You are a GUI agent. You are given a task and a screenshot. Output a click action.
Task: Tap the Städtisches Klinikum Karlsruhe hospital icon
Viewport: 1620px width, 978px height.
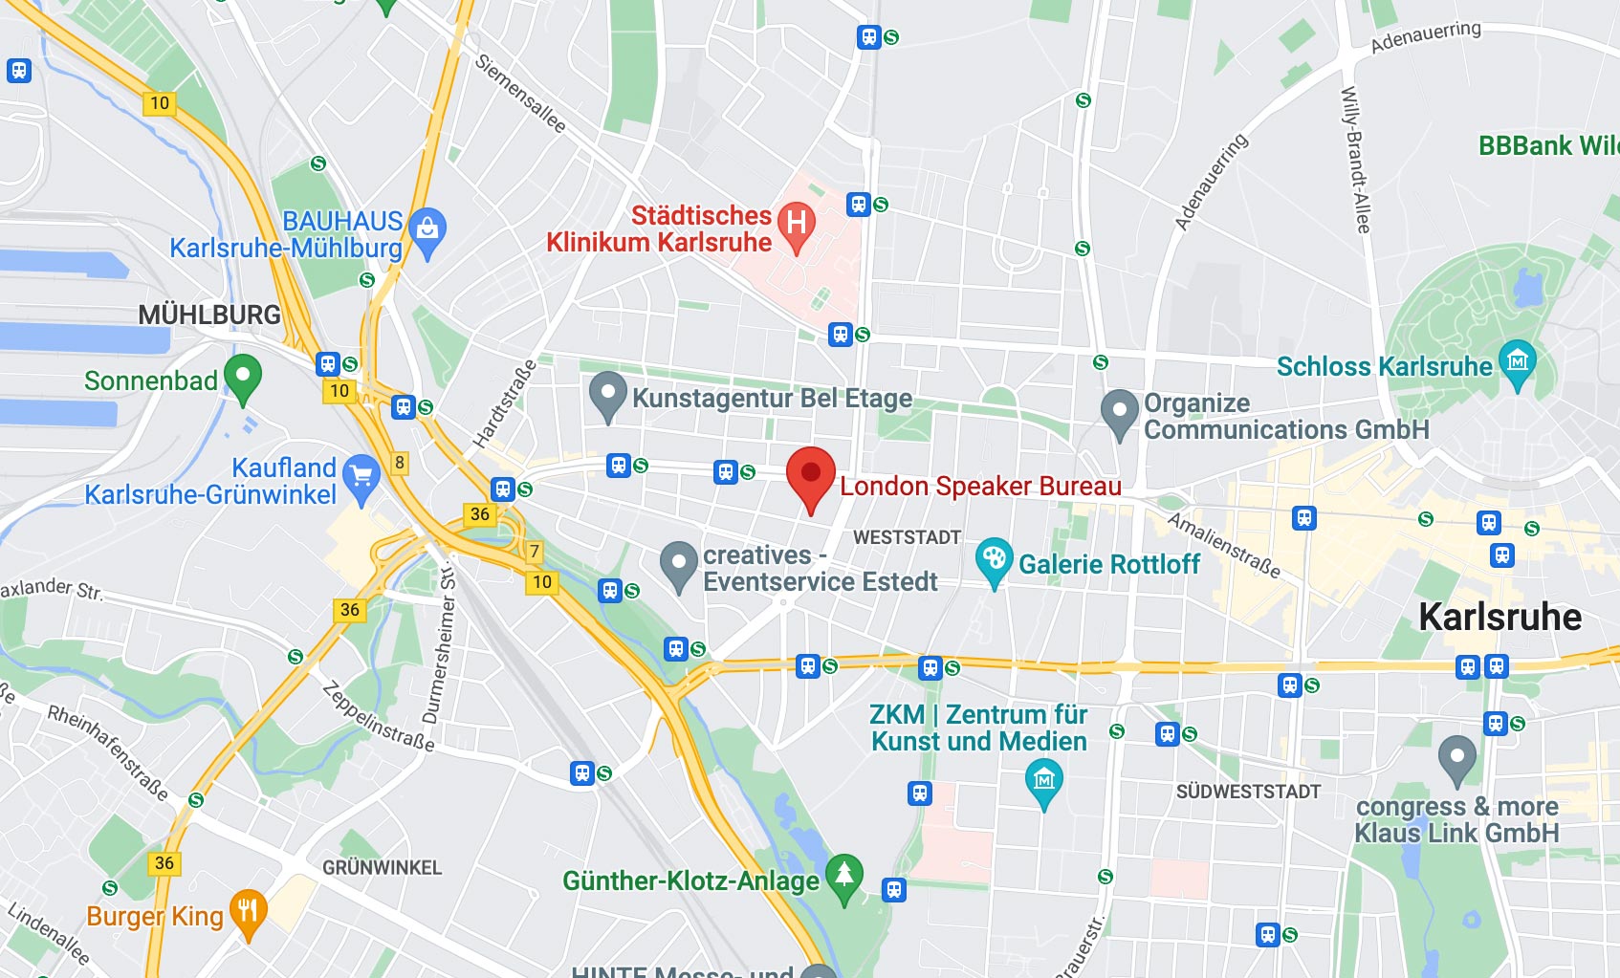(x=797, y=224)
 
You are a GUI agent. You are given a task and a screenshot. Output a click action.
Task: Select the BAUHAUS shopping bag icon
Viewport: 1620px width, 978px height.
(x=427, y=229)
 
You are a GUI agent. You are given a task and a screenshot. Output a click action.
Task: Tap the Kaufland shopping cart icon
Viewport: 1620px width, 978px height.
(x=361, y=476)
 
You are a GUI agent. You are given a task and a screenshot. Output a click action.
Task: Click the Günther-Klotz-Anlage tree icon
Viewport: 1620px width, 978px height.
(x=843, y=875)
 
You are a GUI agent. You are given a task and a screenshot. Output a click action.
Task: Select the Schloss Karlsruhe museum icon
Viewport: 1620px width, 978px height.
(x=1518, y=361)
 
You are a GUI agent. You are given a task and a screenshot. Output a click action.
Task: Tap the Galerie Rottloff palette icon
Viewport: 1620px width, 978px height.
(x=994, y=559)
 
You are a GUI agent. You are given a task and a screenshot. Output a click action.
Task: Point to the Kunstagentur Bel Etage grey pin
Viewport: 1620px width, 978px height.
(x=607, y=394)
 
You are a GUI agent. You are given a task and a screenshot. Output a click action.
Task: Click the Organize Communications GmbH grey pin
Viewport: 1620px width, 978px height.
(x=1119, y=411)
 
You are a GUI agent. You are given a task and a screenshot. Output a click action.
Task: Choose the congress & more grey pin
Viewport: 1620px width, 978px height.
(x=1456, y=758)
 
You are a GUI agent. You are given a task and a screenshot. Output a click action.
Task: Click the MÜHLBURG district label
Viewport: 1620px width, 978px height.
(x=209, y=315)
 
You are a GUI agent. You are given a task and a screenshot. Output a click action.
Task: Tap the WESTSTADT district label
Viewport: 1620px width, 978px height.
(x=907, y=537)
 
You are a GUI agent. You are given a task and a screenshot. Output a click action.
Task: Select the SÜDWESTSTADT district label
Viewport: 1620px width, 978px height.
(x=1248, y=792)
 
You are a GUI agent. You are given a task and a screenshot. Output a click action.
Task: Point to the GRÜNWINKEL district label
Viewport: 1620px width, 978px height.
(x=382, y=868)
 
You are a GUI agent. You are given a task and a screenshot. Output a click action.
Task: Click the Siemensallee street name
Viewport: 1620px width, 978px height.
(x=520, y=93)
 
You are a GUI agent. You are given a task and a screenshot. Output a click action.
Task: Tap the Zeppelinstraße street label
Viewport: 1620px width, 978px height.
(x=379, y=716)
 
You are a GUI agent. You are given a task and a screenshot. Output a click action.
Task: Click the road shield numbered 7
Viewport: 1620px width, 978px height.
(x=535, y=552)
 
